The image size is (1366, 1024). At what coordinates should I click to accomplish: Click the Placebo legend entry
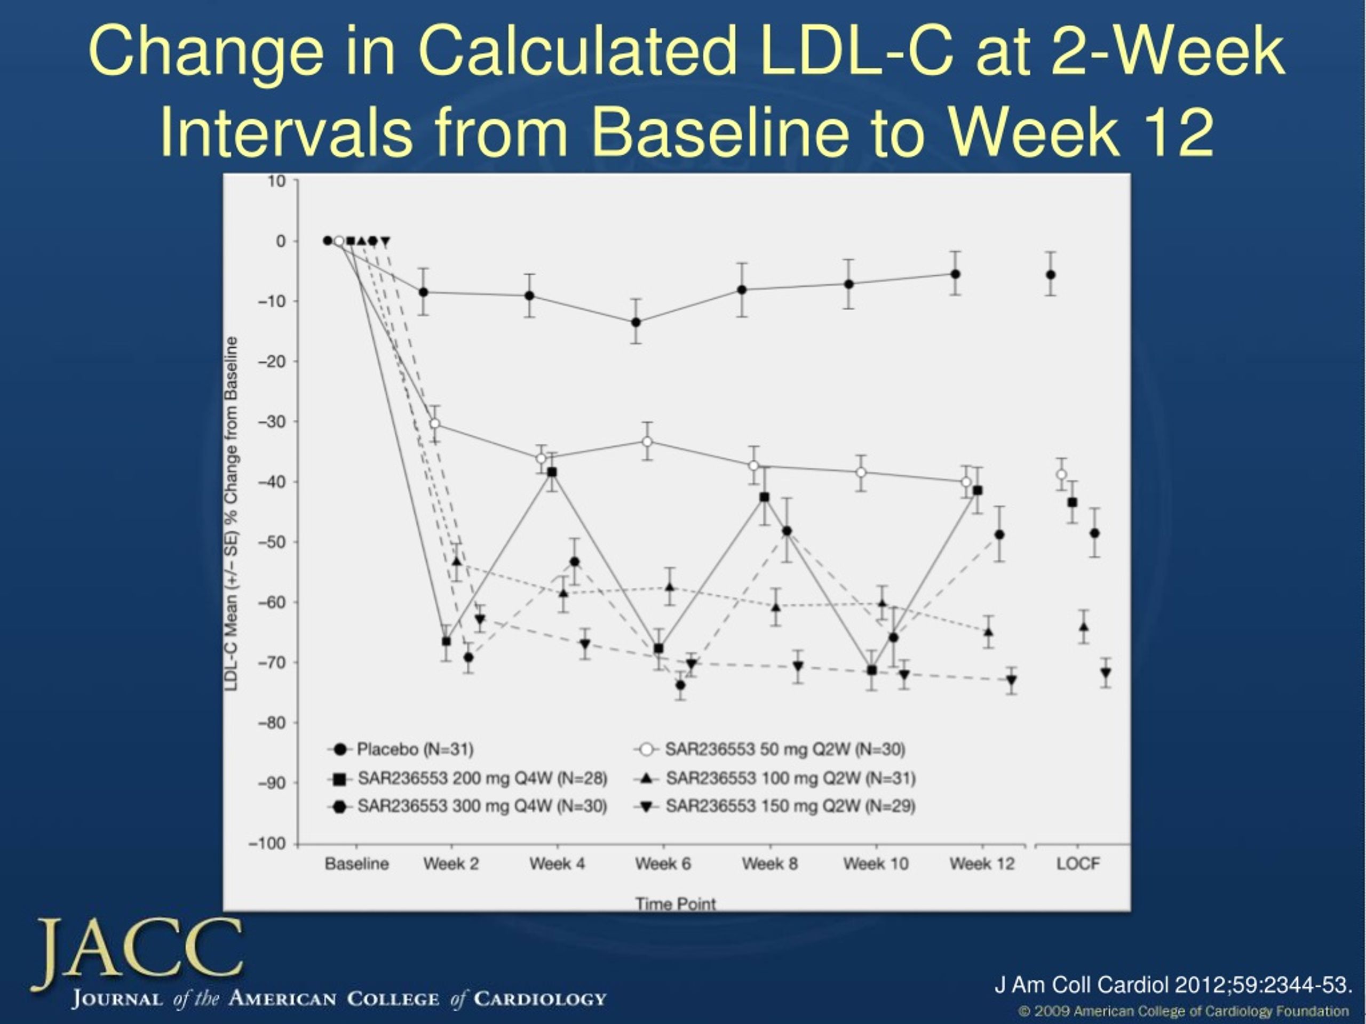point(401,749)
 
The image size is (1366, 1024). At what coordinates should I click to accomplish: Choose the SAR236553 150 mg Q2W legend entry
point(774,806)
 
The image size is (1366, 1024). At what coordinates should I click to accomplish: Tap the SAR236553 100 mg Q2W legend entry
point(774,778)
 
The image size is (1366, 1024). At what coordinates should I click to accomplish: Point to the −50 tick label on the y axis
point(272,542)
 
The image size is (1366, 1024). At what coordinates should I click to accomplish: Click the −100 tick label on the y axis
point(267,844)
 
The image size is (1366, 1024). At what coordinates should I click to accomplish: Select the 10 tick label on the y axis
point(276,181)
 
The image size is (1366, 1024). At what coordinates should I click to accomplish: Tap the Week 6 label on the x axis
point(663,863)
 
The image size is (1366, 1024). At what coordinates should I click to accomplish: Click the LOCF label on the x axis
point(1078,863)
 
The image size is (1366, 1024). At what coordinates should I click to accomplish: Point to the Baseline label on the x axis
point(357,863)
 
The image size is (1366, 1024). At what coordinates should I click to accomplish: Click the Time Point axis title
point(676,903)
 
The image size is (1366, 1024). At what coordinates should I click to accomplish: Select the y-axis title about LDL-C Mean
point(231,514)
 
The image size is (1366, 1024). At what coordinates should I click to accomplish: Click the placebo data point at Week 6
point(636,322)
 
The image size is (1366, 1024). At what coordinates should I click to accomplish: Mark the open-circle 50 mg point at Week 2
point(435,423)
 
